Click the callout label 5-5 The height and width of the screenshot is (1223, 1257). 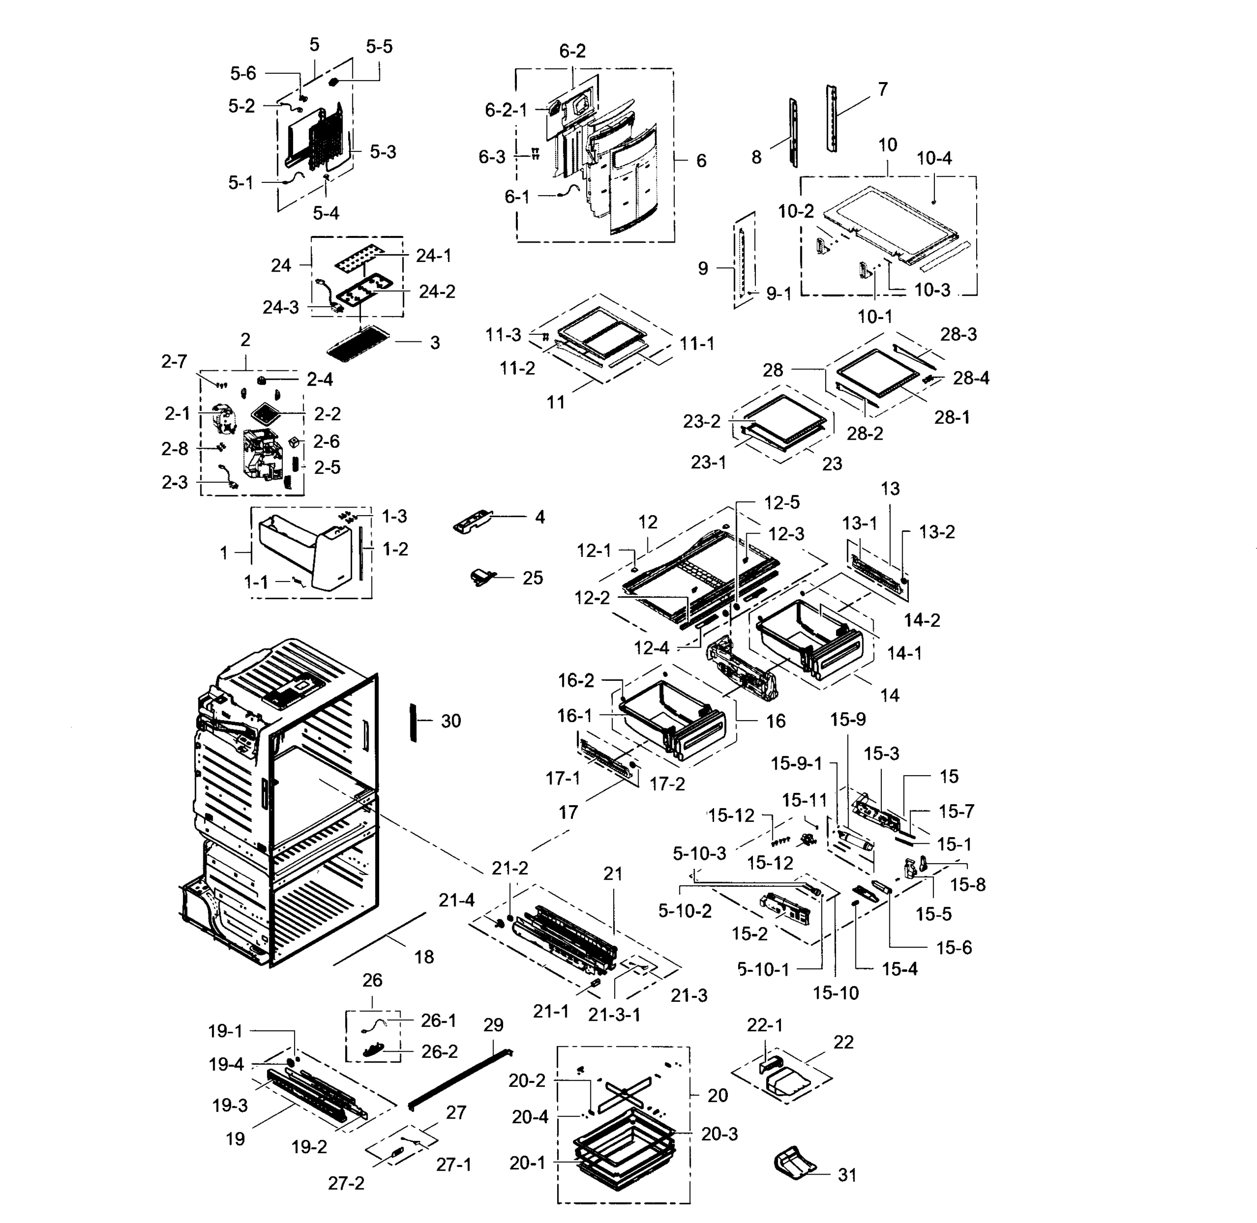click(379, 47)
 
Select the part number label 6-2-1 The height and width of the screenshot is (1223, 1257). click(506, 111)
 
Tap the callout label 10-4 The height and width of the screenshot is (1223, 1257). click(934, 158)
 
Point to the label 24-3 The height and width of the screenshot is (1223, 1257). click(281, 308)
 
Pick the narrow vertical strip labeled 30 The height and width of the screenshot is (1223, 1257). click(413, 722)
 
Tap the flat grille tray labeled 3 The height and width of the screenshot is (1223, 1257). click(359, 343)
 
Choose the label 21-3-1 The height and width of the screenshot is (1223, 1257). click(614, 1015)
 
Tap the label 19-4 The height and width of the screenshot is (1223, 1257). click(226, 1065)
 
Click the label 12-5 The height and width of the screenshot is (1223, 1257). click(781, 503)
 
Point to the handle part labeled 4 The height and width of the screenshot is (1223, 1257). click(475, 521)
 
